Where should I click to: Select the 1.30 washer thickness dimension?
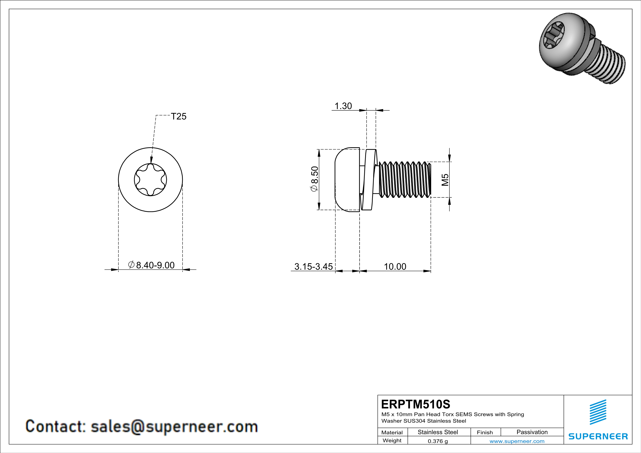pos(343,106)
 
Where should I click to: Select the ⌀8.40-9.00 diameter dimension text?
pos(151,265)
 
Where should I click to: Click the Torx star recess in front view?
pos(150,180)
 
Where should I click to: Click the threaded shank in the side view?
pos(405,179)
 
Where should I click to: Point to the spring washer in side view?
pos(368,180)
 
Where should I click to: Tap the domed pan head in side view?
pos(347,180)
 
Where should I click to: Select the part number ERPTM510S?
pos(416,404)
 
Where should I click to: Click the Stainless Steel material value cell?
pos(438,432)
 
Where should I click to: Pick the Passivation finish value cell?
pos(532,432)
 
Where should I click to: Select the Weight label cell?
pos(392,440)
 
